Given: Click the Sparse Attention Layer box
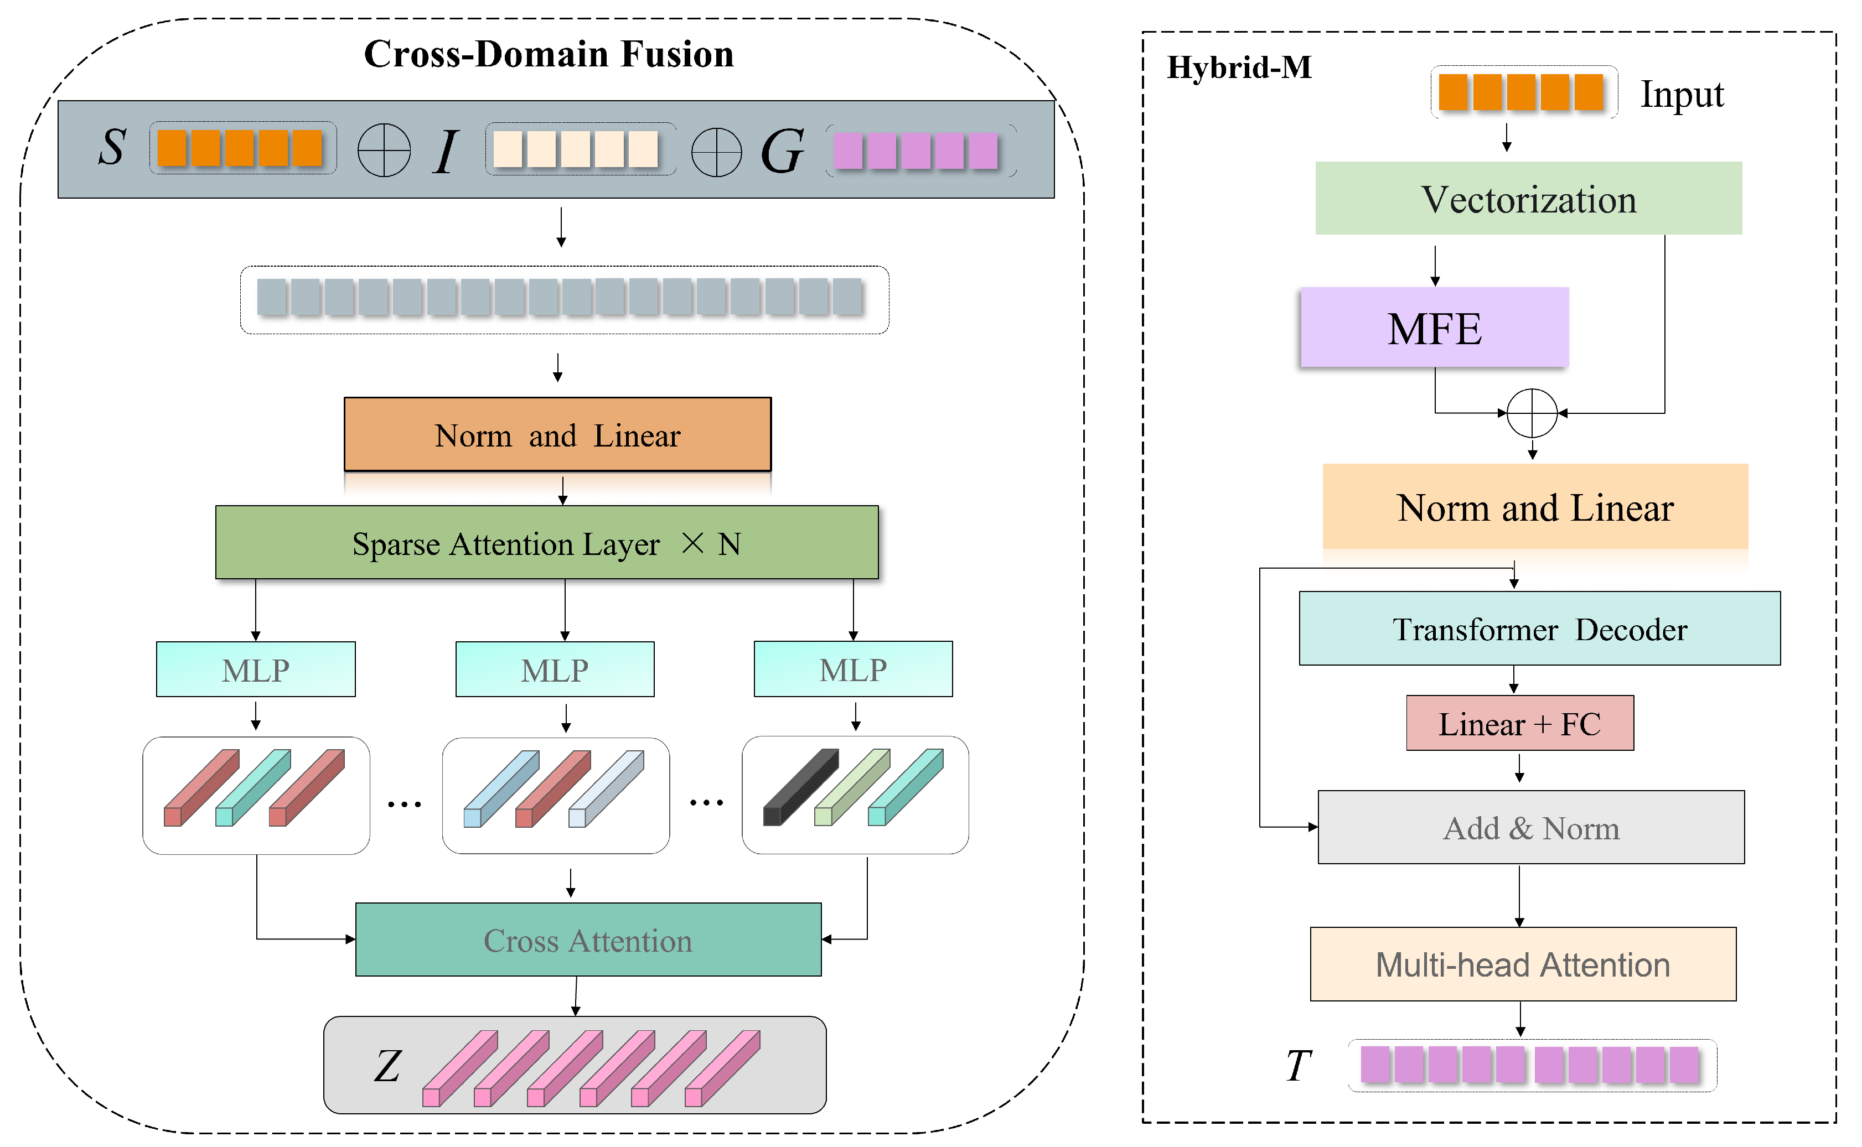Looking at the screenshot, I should (546, 543).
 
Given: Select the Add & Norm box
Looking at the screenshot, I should (1530, 828).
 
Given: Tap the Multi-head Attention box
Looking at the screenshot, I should (1522, 964).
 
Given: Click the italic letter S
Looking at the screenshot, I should (112, 147).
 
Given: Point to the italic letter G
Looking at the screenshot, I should (782, 151).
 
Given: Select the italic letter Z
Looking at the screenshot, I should (387, 1066).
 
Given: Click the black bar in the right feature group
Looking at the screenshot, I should (800, 787).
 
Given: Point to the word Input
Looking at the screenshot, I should (1682, 96).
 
